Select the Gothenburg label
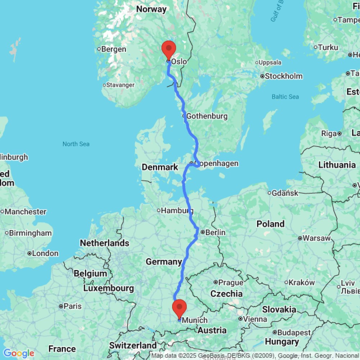coord(207,116)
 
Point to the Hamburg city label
coord(175,211)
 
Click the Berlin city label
coord(215,233)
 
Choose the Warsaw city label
coord(316,238)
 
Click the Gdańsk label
coord(285,193)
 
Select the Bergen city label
coord(113,49)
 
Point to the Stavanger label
coord(120,85)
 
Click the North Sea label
coord(76,144)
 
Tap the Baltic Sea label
coord(285,97)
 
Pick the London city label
coord(45,253)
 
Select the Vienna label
coord(255,319)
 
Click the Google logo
coord(19,354)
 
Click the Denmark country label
coord(160,167)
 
